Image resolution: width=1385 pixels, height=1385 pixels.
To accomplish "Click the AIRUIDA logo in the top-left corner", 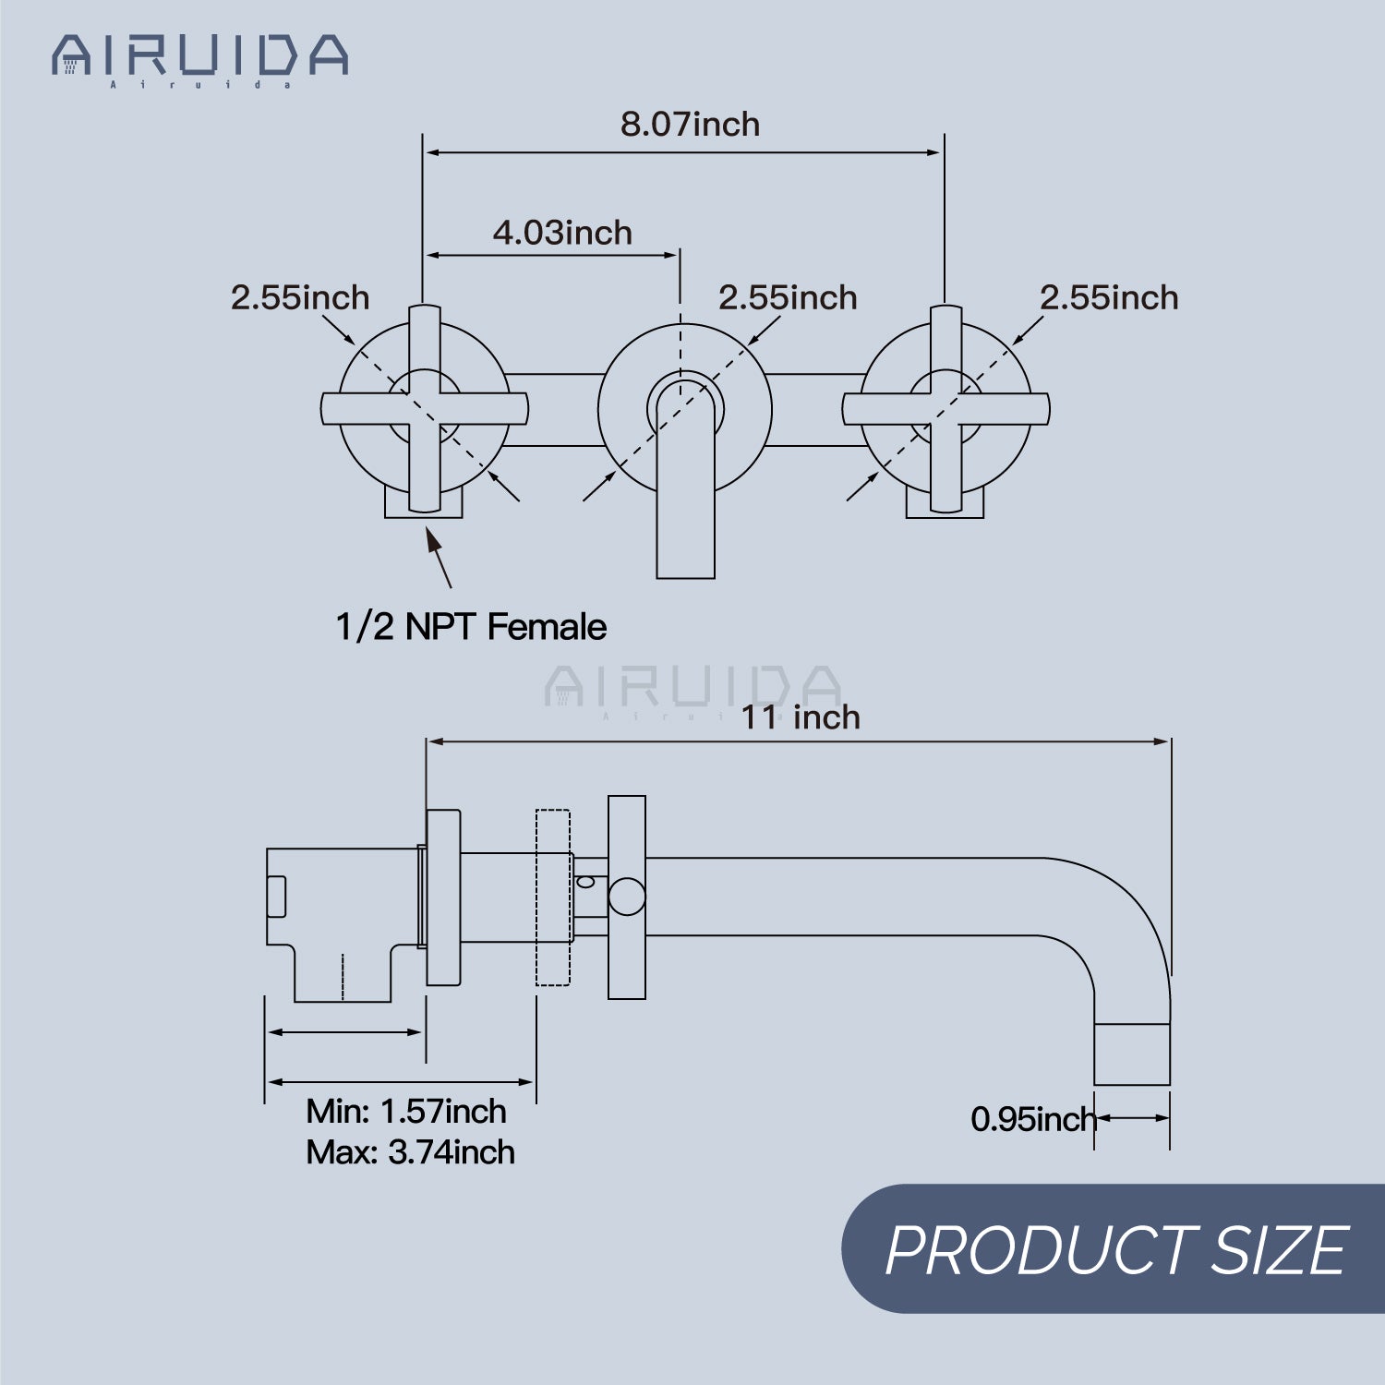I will [x=199, y=57].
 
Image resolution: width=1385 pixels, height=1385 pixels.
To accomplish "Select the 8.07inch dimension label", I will [x=690, y=125].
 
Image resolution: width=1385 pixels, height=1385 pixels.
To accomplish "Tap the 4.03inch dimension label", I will [x=562, y=233].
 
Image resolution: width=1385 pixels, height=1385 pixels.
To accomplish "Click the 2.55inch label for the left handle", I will [x=300, y=298].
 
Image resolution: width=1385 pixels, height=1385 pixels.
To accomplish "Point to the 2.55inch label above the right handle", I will [x=1109, y=298].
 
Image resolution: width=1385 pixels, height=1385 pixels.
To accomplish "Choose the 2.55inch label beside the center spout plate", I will [x=788, y=298].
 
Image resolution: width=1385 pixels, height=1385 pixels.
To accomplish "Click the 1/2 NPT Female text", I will [x=471, y=627].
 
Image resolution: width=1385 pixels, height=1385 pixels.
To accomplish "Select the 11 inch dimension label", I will [x=801, y=717].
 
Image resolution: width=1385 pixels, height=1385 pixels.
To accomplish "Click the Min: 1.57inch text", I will [x=406, y=1111].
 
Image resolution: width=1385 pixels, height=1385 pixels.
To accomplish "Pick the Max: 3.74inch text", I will [x=410, y=1152].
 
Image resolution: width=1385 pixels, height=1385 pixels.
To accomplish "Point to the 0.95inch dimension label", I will [x=1032, y=1119].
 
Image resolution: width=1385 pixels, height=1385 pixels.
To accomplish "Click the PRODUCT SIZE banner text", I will [x=1116, y=1250].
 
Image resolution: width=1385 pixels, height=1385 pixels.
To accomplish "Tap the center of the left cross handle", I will [x=425, y=409].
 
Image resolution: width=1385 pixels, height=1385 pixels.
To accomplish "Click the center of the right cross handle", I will [x=945, y=409].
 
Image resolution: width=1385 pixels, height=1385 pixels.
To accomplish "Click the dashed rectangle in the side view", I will [x=552, y=897].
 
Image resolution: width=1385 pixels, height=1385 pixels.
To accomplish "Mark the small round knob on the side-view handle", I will [x=627, y=897].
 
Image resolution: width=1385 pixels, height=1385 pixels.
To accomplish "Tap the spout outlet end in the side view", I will [x=1132, y=1054].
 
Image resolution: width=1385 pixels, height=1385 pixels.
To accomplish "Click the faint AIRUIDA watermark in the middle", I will [x=692, y=688].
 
